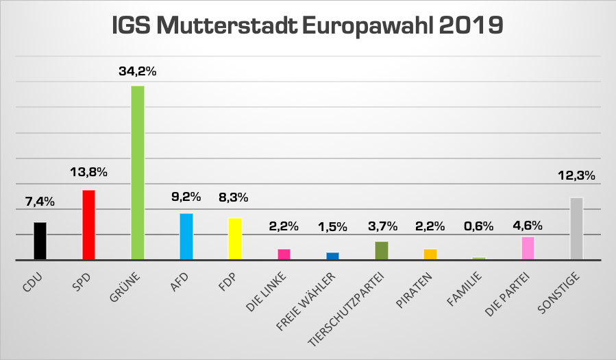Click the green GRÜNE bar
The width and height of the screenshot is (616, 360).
point(137,173)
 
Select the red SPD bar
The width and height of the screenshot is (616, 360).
point(88,225)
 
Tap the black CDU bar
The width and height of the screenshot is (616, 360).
point(40,241)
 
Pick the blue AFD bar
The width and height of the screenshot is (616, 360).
point(186,237)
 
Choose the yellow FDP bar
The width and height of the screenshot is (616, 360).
point(235,239)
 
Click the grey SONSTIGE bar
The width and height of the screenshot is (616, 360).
point(576,228)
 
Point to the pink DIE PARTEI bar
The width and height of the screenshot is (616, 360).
point(528,248)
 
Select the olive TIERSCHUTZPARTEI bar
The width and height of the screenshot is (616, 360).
point(382,250)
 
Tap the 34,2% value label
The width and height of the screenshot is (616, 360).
point(137,71)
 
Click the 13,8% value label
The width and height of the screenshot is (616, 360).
point(88,171)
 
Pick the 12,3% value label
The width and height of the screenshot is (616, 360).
point(576,175)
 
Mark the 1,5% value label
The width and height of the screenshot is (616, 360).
point(332,226)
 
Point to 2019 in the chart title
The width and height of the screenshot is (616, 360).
point(469,25)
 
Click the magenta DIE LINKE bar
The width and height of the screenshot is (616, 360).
point(284,254)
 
